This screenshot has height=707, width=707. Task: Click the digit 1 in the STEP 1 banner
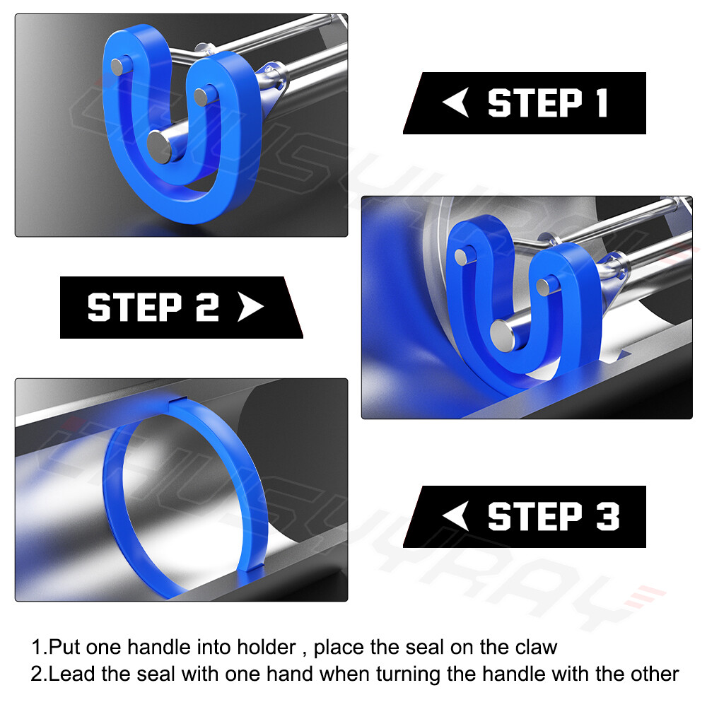(x=601, y=103)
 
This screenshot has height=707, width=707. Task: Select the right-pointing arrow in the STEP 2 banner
(x=251, y=308)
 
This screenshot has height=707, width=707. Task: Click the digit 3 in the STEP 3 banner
(x=607, y=517)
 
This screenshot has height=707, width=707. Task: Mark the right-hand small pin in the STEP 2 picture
(x=544, y=286)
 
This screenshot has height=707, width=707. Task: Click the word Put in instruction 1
(x=65, y=647)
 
